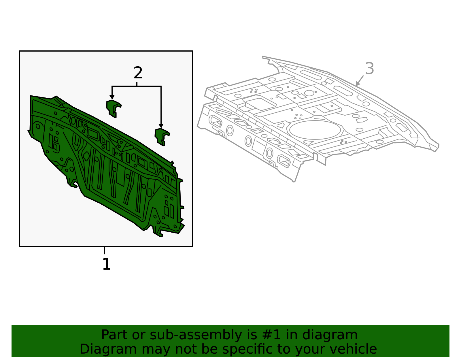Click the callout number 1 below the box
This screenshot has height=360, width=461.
tap(106, 264)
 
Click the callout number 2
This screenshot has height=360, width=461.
tap(138, 73)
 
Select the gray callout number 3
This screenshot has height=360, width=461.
tap(369, 69)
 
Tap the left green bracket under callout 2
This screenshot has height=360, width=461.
tap(113, 108)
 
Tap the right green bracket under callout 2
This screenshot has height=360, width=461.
tap(162, 136)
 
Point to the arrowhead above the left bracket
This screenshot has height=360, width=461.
tap(112, 97)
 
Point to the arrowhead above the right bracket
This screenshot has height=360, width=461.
tap(161, 126)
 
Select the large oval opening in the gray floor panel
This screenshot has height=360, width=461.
tap(315, 130)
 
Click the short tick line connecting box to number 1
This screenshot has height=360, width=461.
tap(104, 250)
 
